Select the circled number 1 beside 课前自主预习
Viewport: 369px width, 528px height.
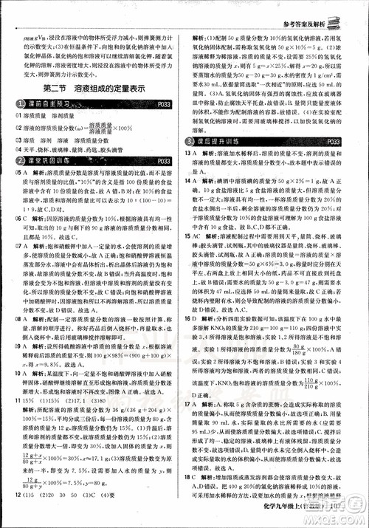tap(18, 105)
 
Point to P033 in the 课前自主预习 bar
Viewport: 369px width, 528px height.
tap(168, 105)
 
